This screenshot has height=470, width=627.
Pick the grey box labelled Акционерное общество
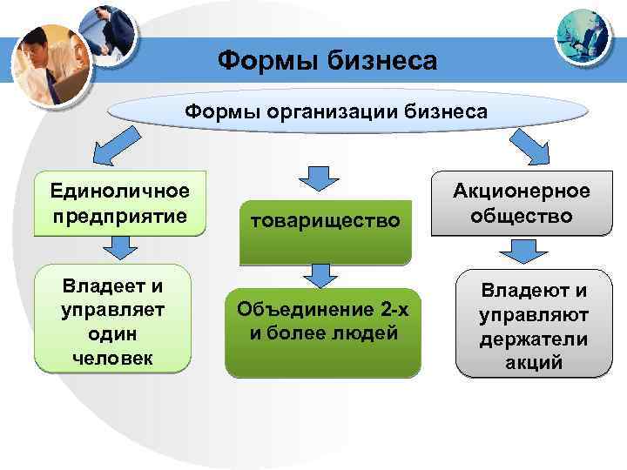pyautogui.click(x=520, y=204)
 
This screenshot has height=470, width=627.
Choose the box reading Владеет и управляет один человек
pyautogui.click(x=111, y=319)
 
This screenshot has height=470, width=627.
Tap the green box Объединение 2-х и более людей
pyautogui.click(x=322, y=326)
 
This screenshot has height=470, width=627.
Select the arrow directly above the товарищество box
pyautogui.click(x=319, y=178)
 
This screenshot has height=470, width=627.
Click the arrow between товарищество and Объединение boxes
pyautogui.click(x=321, y=276)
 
